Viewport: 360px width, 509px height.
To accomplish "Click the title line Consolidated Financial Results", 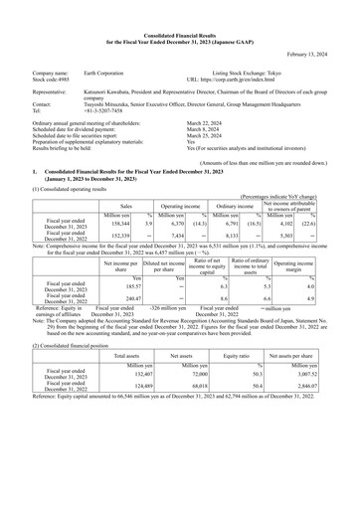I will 180,10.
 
